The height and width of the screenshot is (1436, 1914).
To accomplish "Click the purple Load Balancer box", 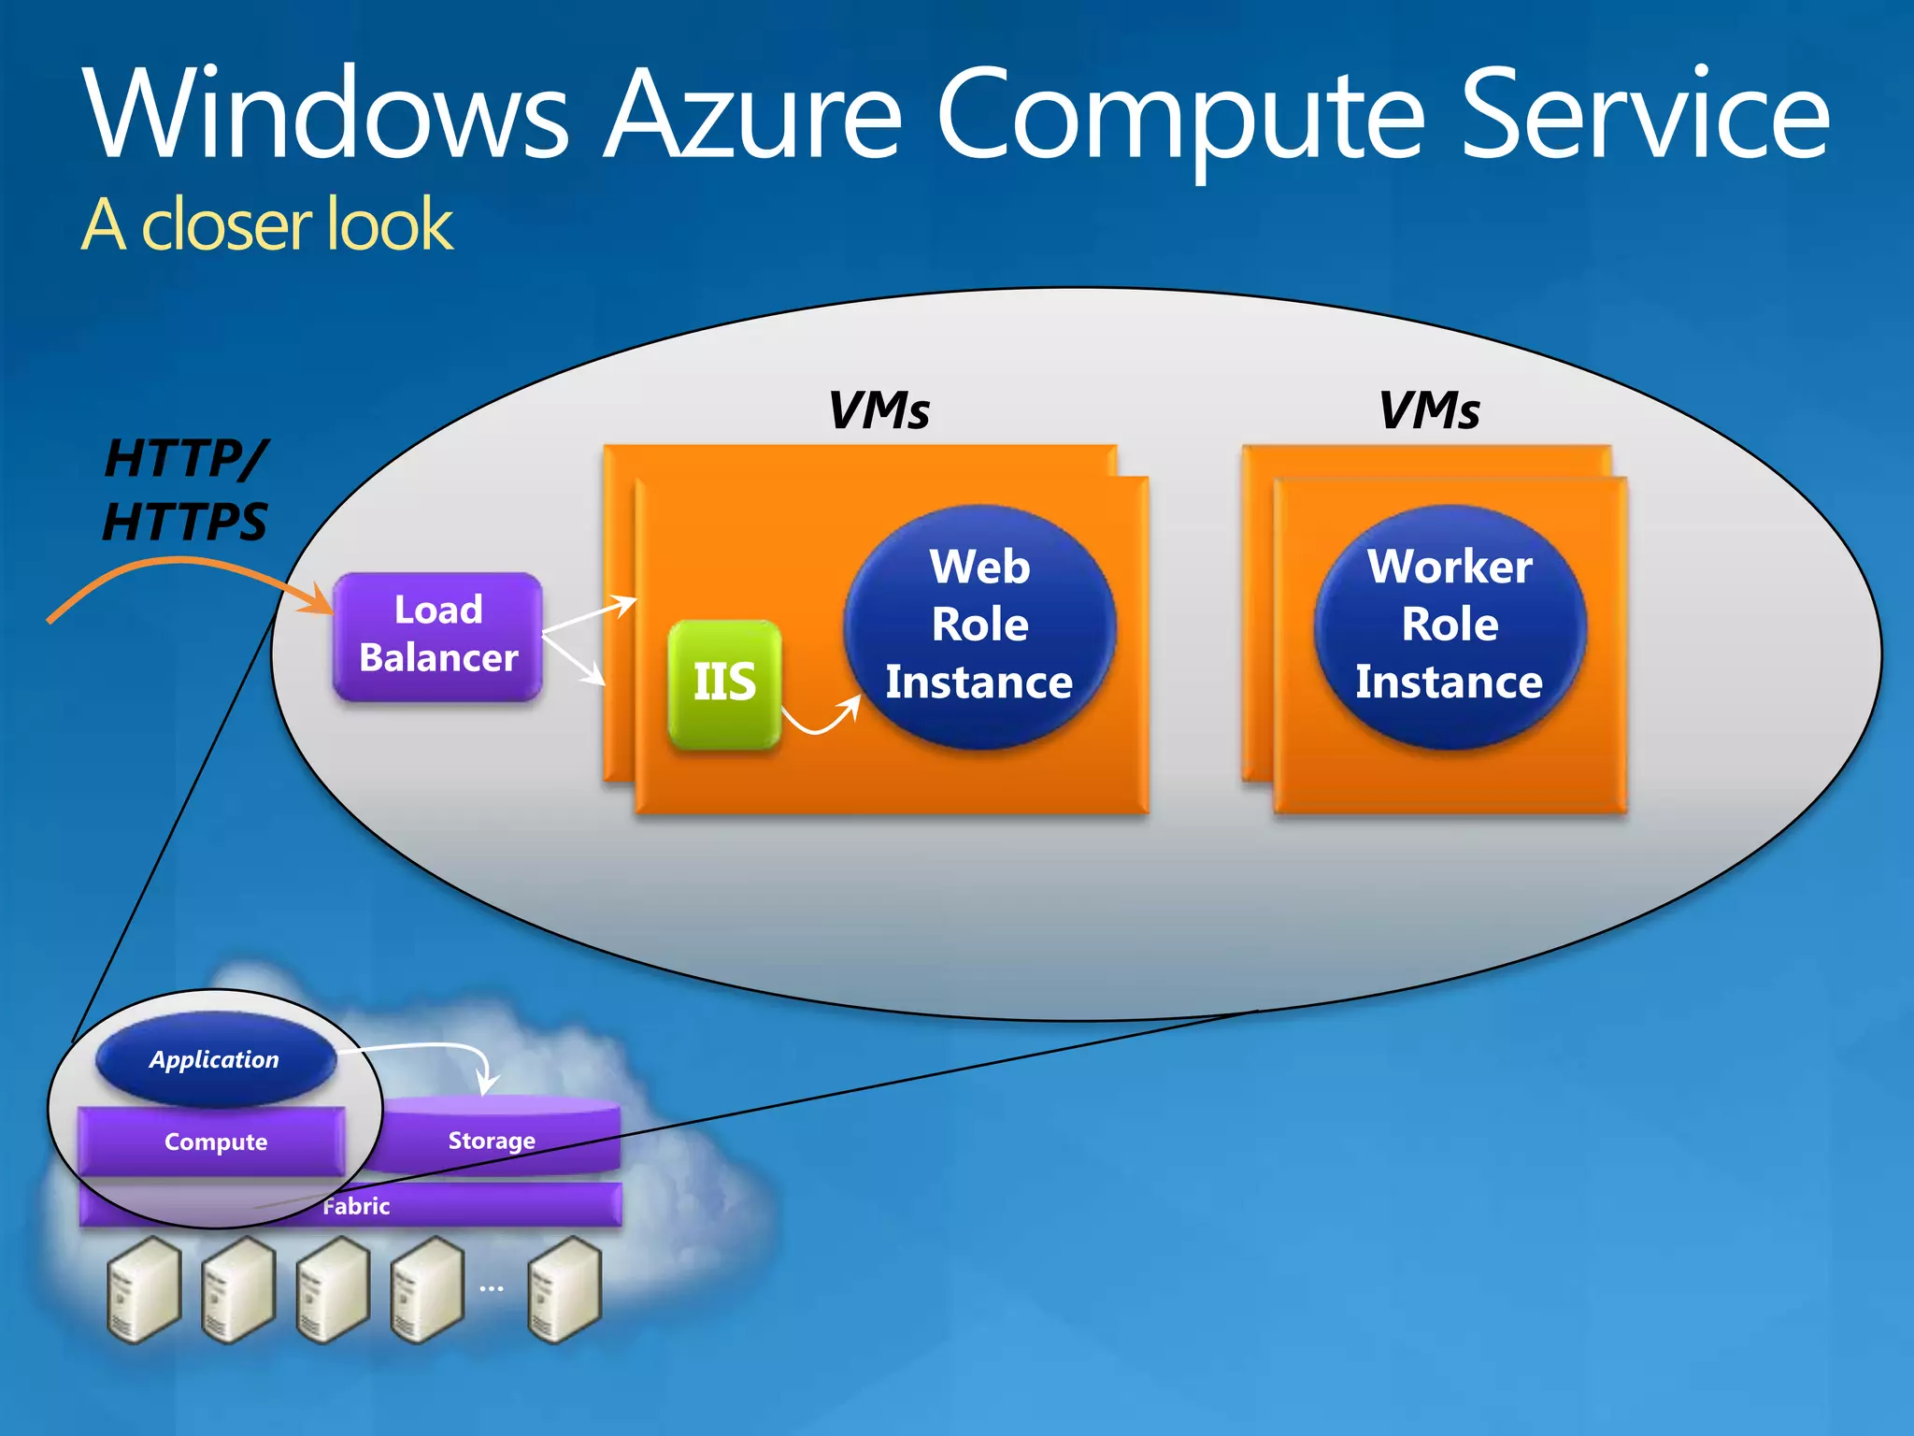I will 437,635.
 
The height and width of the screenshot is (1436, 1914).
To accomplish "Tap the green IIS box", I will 724,683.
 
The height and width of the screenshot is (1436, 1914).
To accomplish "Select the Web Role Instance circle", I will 979,625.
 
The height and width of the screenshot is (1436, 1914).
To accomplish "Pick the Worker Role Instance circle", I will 1450,625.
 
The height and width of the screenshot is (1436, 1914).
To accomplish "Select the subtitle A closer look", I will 267,225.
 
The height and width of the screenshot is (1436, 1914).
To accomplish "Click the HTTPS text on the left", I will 185,522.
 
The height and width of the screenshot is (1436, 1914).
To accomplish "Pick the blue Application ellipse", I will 215,1059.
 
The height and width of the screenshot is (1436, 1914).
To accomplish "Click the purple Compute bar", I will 215,1142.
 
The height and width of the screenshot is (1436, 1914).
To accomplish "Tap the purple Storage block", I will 492,1140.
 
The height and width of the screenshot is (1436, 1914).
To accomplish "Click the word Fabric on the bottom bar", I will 356,1206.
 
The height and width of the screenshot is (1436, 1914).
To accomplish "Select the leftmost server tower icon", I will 143,1290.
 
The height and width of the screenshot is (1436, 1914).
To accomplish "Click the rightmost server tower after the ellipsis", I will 564,1290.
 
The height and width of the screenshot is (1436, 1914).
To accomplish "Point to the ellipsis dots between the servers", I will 492,1288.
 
